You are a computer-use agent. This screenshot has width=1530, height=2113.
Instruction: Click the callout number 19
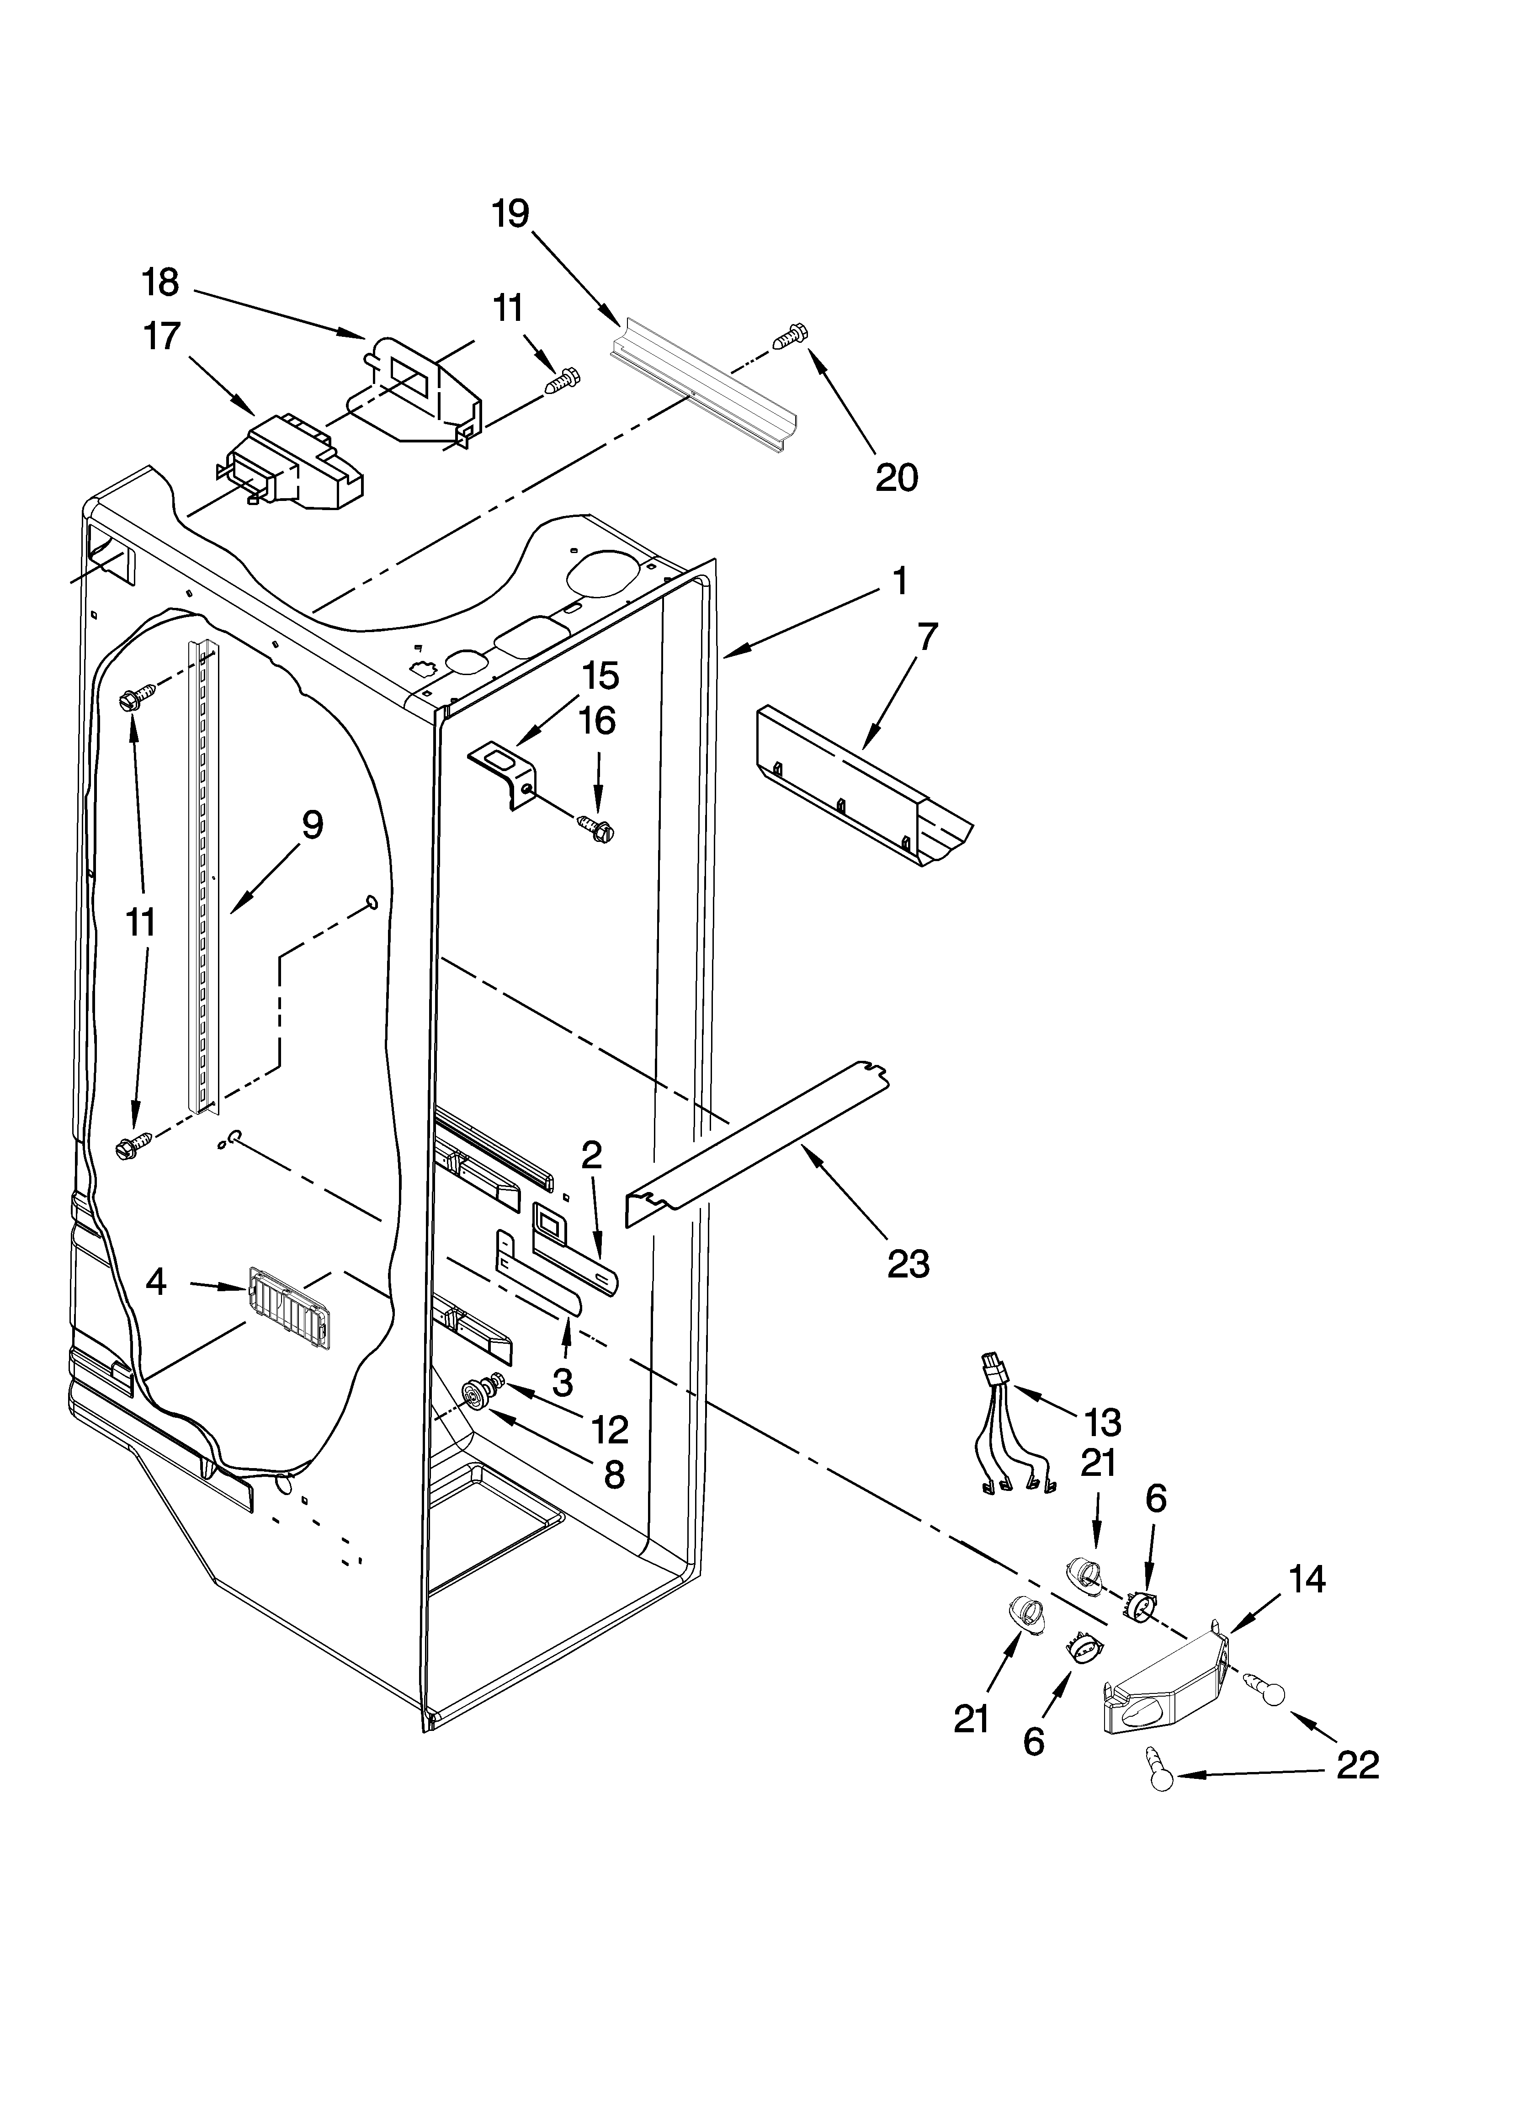click(510, 214)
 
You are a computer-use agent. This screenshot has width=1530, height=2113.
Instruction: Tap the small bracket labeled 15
click(505, 769)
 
